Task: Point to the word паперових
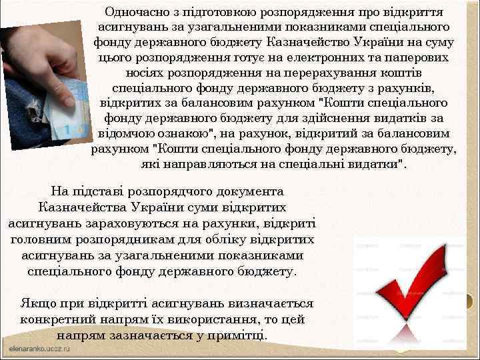coord(415,57)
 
